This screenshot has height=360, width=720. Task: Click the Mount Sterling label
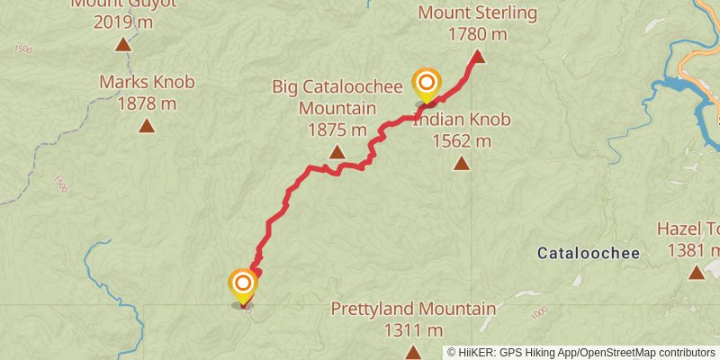pyautogui.click(x=478, y=13)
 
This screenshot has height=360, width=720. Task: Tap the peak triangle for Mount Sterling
pyautogui.click(x=479, y=57)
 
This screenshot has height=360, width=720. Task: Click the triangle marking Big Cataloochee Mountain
pyautogui.click(x=337, y=152)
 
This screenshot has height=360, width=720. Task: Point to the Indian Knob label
pyautogui.click(x=462, y=120)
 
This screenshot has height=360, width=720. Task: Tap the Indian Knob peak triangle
pyautogui.click(x=462, y=163)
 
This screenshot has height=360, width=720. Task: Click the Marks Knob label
pyautogui.click(x=147, y=83)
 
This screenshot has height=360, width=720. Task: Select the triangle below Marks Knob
pyautogui.click(x=147, y=125)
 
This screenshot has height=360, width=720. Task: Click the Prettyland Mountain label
pyautogui.click(x=413, y=310)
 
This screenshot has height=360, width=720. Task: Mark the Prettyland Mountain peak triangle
pyautogui.click(x=413, y=351)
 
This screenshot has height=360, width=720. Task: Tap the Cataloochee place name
pyautogui.click(x=589, y=254)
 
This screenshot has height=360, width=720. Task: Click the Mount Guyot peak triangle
pyautogui.click(x=122, y=42)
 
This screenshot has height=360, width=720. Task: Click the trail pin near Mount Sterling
pyautogui.click(x=426, y=84)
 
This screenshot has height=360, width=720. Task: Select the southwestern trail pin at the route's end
pyautogui.click(x=242, y=285)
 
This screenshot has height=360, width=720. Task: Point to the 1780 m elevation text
pyautogui.click(x=478, y=34)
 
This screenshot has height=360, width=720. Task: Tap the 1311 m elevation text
pyautogui.click(x=413, y=330)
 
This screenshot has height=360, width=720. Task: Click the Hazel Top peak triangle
pyautogui.click(x=696, y=272)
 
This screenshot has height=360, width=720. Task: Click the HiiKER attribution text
pyautogui.click(x=580, y=353)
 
